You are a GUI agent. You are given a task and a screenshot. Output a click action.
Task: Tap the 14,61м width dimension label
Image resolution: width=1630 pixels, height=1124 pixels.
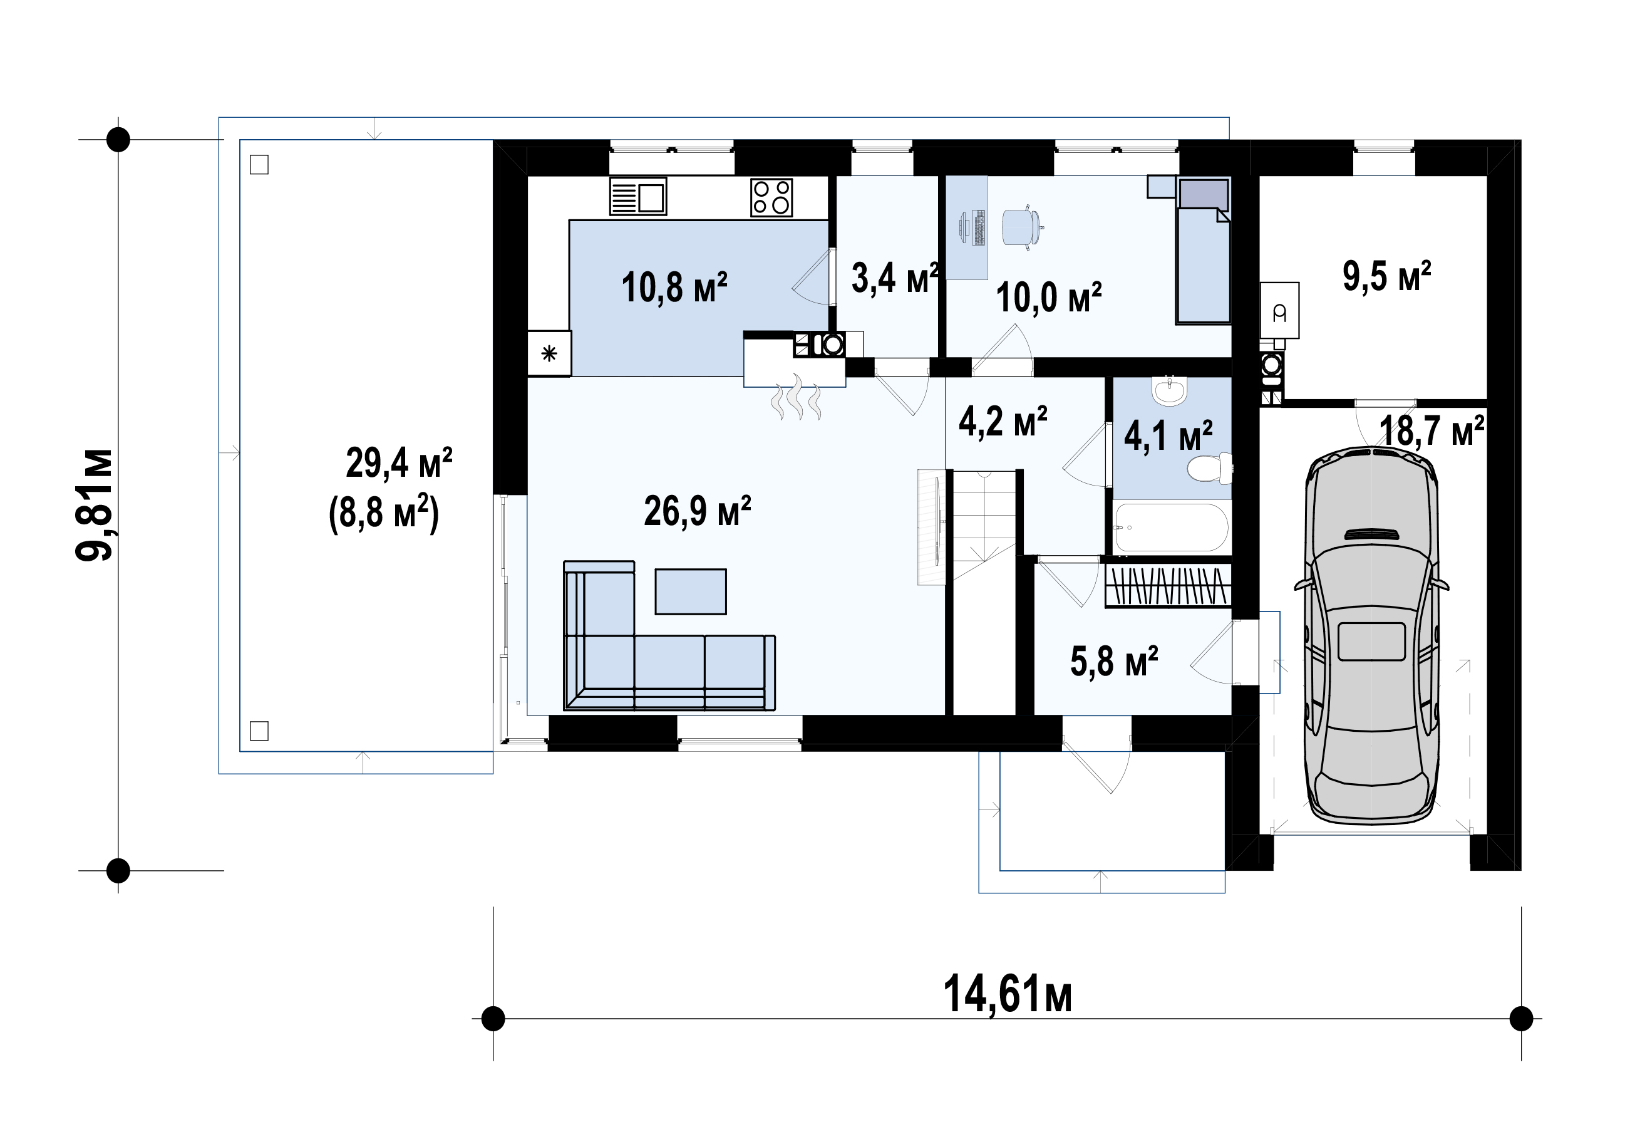[1007, 994]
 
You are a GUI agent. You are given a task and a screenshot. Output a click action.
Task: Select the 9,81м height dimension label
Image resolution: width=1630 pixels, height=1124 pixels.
[95, 504]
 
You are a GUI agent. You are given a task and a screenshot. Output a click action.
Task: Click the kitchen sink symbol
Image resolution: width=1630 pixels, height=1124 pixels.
[637, 197]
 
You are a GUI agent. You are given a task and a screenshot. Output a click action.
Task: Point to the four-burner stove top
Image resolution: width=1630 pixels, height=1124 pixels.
[771, 197]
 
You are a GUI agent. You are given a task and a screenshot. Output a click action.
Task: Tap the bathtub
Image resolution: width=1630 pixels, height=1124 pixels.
[1171, 527]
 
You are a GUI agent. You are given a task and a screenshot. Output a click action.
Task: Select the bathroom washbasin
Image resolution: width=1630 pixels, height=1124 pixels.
[1170, 392]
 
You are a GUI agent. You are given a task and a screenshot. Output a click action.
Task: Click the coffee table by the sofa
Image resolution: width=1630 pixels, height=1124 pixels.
[691, 591]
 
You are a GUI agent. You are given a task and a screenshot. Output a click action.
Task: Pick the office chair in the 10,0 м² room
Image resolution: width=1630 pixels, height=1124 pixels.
[1021, 226]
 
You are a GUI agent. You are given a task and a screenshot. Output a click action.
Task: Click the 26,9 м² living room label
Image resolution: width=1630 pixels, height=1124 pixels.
[698, 511]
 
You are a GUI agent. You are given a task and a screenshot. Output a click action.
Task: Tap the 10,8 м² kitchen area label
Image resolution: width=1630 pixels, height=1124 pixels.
[674, 288]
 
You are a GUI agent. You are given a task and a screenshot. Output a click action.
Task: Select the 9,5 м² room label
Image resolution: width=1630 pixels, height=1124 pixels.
[1386, 276]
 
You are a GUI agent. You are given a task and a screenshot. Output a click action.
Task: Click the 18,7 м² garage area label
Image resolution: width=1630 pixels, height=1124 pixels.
[1431, 430]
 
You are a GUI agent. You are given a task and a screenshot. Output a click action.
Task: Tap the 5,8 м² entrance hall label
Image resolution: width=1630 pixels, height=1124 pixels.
[1114, 661]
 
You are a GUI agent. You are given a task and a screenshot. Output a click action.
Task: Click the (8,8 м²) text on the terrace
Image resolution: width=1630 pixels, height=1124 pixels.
[384, 513]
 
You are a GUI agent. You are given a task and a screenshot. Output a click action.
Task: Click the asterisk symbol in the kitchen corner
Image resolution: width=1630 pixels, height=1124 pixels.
[549, 353]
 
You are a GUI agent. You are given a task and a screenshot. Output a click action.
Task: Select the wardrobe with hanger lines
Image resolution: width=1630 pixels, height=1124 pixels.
[1168, 585]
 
